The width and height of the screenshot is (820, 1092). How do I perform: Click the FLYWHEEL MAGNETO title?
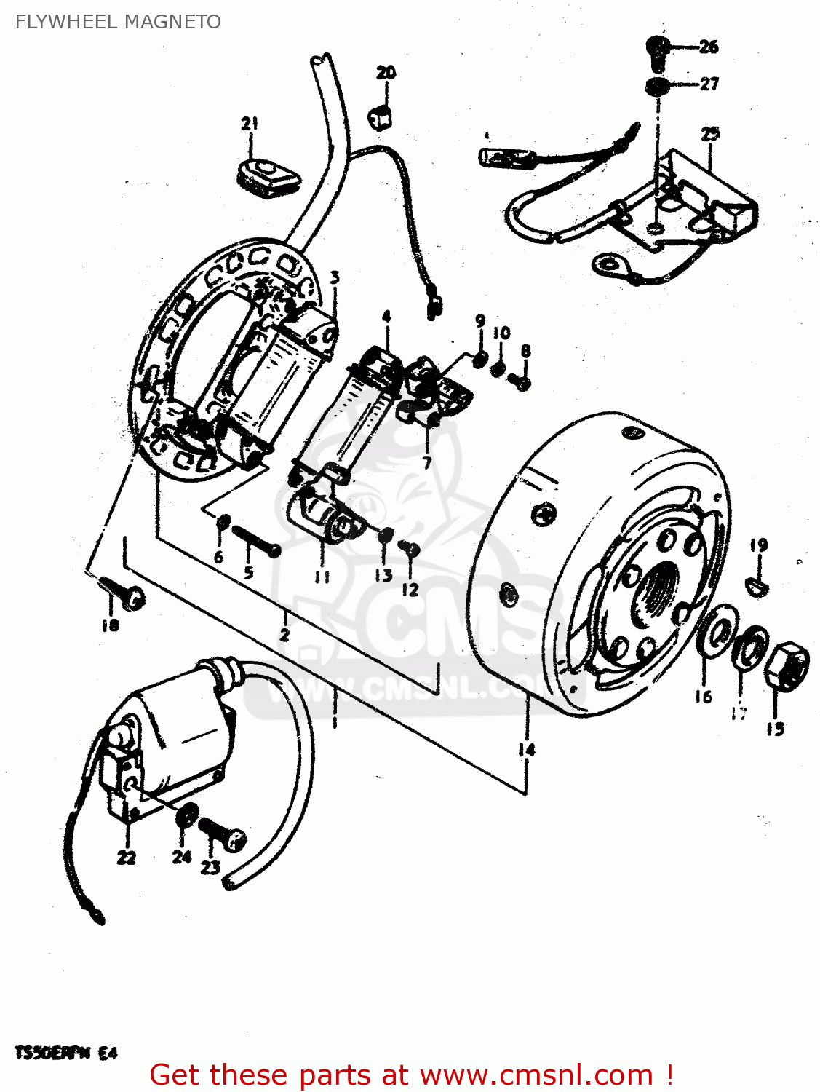coord(118,22)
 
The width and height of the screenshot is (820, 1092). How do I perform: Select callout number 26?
coord(709,47)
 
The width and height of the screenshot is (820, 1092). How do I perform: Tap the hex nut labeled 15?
coord(787,664)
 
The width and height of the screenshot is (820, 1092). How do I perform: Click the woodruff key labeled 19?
coord(757,582)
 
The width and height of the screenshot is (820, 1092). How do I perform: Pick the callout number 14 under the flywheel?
coord(526,749)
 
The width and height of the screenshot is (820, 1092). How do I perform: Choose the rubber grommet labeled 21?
coord(266,175)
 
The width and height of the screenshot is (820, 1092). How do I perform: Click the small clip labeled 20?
coord(381,115)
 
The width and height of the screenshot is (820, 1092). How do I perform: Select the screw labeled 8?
coord(520,380)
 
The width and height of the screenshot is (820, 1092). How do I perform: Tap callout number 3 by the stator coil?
coord(334,277)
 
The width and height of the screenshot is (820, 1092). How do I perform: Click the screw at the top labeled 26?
coord(657,50)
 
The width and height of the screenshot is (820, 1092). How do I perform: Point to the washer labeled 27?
coord(657,86)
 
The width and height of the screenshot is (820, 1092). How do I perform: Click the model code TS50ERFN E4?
coord(65,1053)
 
